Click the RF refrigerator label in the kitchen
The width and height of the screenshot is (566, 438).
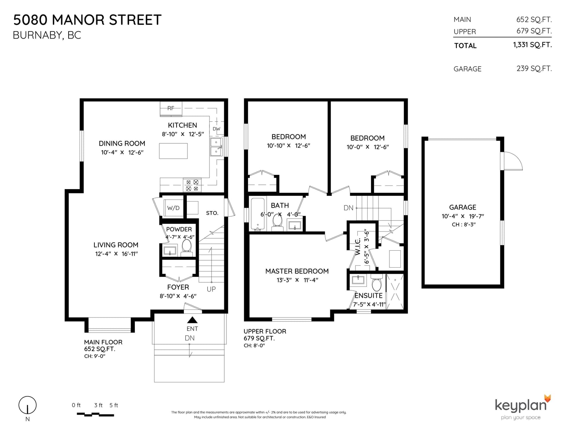click(x=171, y=108)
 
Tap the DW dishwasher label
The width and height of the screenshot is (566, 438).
click(x=216, y=129)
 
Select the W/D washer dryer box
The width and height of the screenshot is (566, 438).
click(x=173, y=208)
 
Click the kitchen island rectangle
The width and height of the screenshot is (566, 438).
click(x=173, y=151)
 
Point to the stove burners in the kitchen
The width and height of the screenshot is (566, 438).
click(x=192, y=185)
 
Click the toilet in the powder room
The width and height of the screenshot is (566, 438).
click(x=186, y=246)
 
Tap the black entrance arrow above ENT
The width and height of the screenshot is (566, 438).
click(x=192, y=320)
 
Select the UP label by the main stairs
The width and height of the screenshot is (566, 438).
click(x=211, y=289)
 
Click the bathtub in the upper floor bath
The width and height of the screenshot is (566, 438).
click(x=258, y=214)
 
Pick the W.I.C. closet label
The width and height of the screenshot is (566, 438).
click(x=358, y=246)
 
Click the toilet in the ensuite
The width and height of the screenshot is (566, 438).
click(x=377, y=283)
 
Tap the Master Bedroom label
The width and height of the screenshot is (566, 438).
click(x=297, y=271)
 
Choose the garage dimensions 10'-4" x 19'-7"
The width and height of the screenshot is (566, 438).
click(x=463, y=216)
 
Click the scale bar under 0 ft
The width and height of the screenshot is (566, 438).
click(x=95, y=414)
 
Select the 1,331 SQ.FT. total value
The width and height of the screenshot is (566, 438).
click(x=532, y=45)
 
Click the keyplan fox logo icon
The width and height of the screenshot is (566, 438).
click(x=548, y=398)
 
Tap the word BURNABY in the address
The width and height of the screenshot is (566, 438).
click(x=37, y=35)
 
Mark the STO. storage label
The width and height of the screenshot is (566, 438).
click(x=212, y=213)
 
